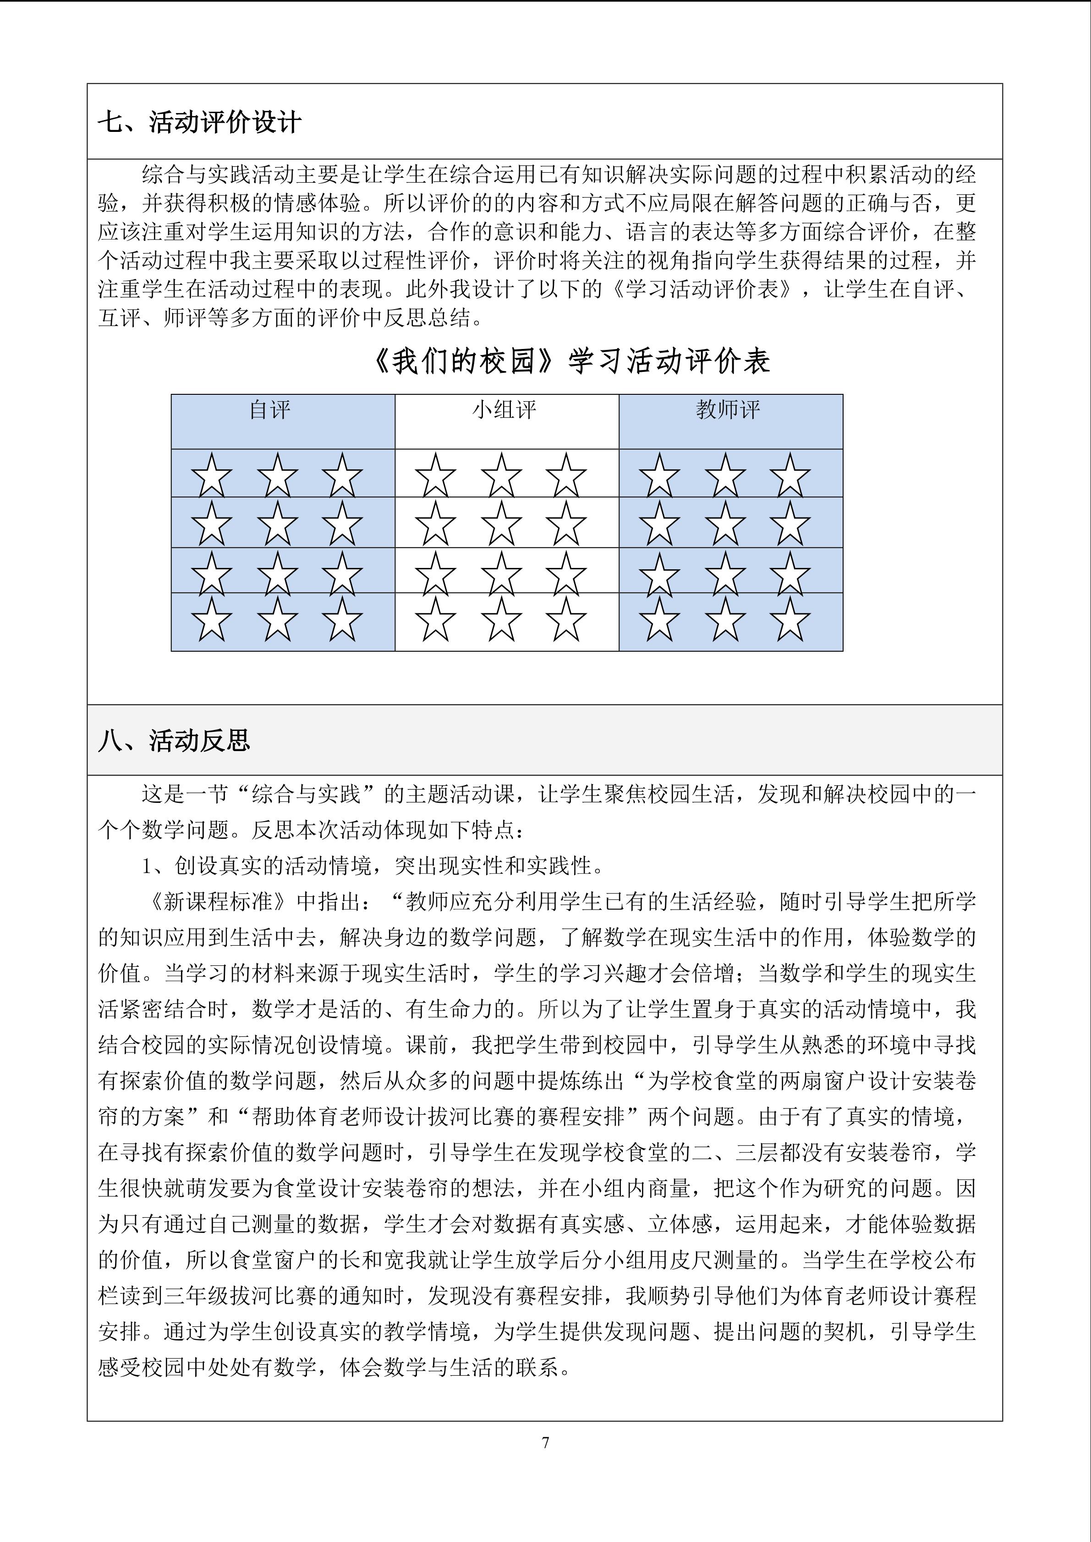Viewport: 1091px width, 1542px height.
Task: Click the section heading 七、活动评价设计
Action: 199,123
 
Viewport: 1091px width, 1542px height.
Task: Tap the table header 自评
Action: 269,410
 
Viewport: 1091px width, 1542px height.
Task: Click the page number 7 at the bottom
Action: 545,1443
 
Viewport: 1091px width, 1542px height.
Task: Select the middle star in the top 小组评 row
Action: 501,475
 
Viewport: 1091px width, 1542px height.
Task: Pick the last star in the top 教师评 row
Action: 790,475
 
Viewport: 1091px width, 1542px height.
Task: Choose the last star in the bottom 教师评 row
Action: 790,620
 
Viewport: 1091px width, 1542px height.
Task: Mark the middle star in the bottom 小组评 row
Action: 501,620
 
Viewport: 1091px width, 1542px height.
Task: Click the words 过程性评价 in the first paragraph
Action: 416,261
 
